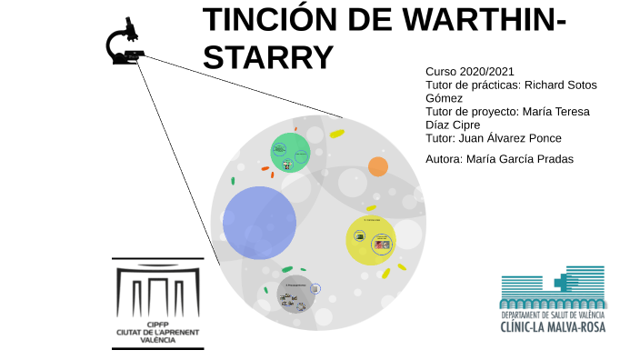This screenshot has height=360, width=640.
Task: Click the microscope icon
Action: tap(125, 43)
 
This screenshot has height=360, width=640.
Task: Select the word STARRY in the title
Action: tap(269, 56)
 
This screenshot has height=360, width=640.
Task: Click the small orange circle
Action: tap(377, 166)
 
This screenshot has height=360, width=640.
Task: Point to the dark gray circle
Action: tap(295, 294)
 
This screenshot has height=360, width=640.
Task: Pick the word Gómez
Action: tap(445, 98)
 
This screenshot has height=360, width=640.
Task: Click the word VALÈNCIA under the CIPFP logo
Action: tap(157, 339)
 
